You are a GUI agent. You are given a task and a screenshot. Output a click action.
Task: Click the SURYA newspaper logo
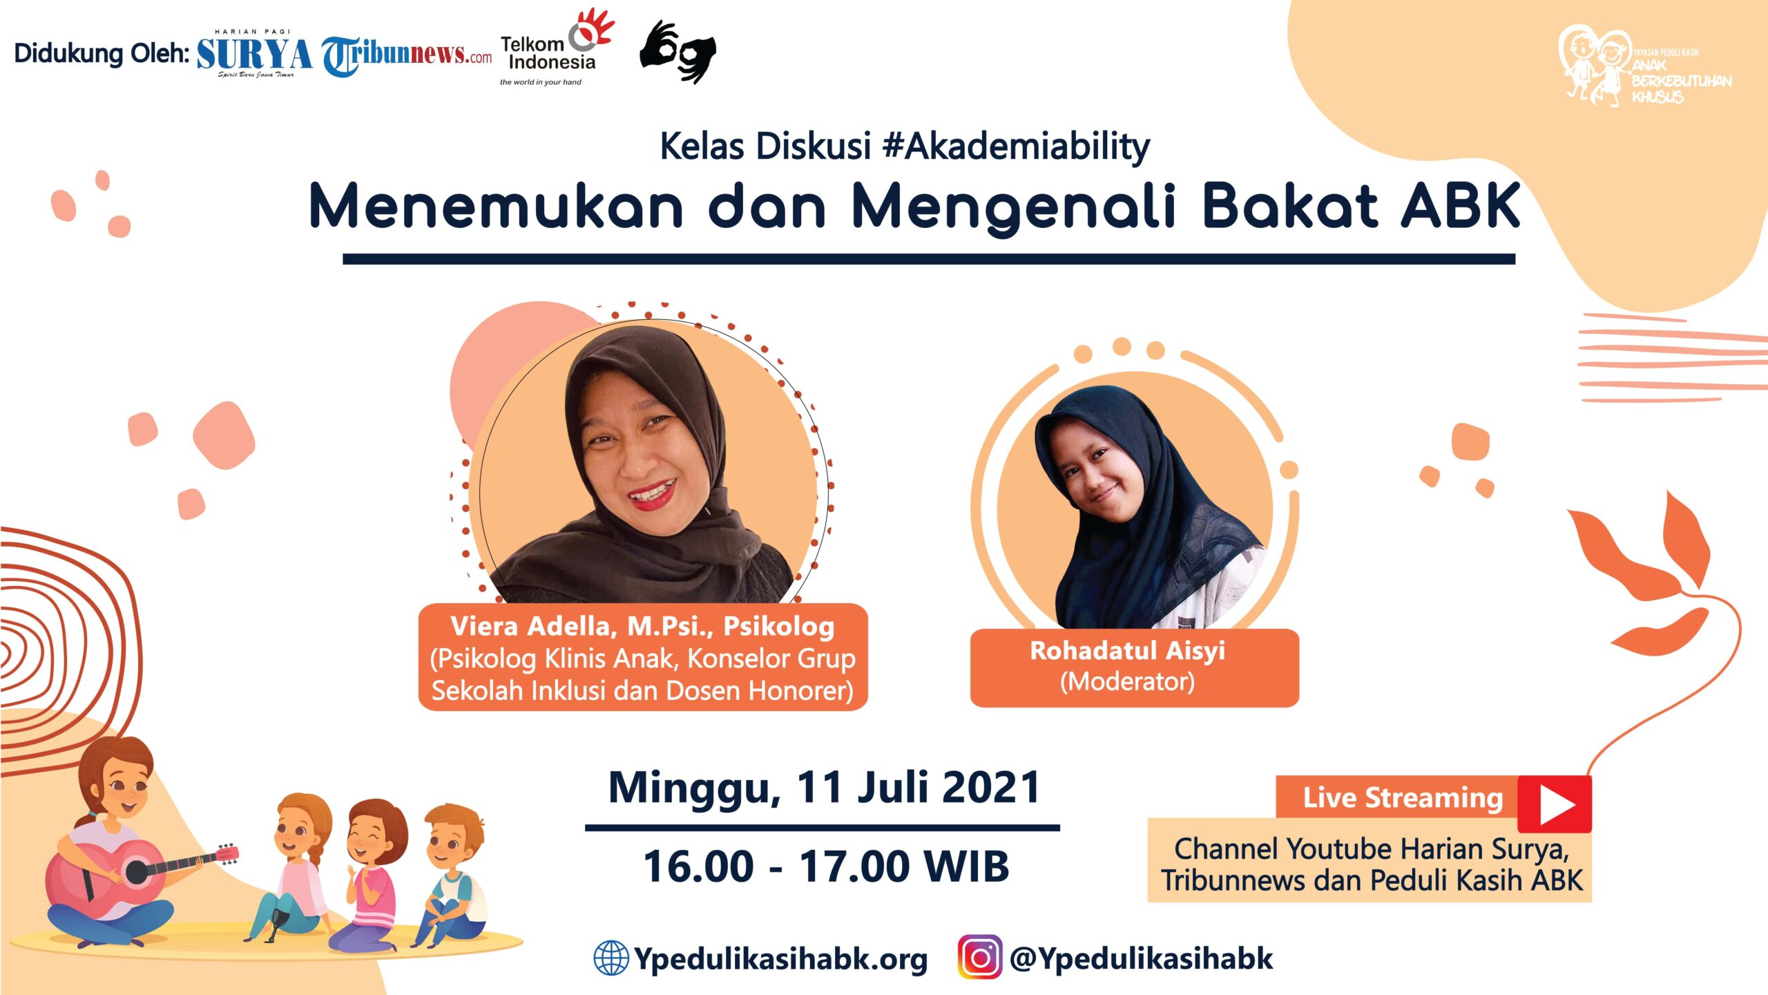[x=254, y=54]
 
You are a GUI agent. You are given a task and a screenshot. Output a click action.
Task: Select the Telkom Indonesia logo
[x=557, y=47]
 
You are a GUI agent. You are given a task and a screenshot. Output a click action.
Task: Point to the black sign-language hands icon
[x=678, y=52]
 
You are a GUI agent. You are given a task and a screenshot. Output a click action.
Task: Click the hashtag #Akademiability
[x=1016, y=146]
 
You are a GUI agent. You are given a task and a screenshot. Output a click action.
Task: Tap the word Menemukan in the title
[x=496, y=206]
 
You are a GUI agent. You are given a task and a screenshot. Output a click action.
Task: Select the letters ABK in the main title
[x=1461, y=206]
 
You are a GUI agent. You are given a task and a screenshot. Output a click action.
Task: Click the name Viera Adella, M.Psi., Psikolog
[x=642, y=626]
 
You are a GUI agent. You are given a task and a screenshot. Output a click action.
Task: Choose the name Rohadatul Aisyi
[x=1127, y=651]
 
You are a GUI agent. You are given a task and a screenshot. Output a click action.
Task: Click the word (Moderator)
[x=1127, y=682]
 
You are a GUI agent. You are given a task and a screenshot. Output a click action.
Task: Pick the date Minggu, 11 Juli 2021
[x=823, y=787]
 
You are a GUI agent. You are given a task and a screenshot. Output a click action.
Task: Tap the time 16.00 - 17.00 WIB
[x=826, y=866]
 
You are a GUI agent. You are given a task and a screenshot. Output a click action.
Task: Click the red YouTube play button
[x=1554, y=804]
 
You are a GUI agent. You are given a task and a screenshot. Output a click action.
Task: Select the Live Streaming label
[x=1403, y=798]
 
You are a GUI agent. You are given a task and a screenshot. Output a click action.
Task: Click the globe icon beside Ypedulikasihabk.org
[x=611, y=958]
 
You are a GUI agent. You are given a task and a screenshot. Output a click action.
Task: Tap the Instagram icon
[x=980, y=957]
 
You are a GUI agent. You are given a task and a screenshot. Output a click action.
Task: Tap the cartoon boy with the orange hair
[x=450, y=875]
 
